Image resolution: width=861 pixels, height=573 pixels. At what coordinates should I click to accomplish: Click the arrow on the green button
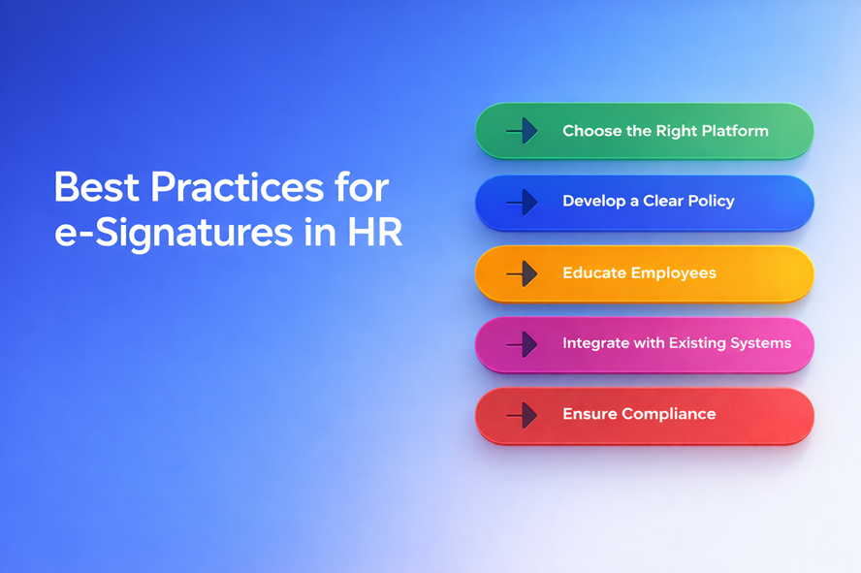click(522, 131)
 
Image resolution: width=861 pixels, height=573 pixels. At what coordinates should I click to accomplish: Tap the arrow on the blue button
click(522, 202)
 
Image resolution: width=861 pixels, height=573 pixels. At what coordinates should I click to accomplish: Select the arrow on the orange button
click(522, 273)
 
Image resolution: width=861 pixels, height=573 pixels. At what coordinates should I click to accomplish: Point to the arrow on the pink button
click(522, 345)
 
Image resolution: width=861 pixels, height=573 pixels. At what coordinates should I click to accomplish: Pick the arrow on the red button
click(522, 416)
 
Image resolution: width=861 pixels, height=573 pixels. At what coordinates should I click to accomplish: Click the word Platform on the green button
click(735, 131)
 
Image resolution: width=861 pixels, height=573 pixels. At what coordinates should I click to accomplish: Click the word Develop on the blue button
click(594, 202)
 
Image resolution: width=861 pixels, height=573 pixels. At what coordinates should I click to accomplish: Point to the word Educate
click(594, 272)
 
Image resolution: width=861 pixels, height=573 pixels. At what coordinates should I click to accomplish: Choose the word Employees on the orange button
click(674, 273)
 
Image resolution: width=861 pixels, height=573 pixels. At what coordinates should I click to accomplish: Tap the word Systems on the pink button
click(760, 343)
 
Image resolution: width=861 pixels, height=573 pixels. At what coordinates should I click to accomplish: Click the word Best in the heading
click(97, 187)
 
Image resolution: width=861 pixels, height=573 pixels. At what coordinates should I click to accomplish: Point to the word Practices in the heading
click(238, 187)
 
